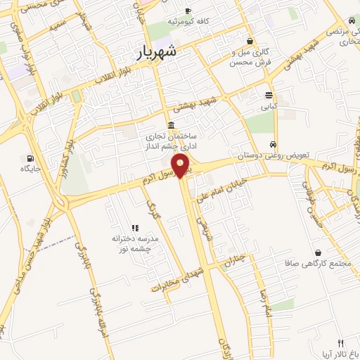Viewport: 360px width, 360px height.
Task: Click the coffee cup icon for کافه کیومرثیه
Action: (188, 11)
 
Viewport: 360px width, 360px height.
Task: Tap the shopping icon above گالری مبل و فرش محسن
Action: (251, 40)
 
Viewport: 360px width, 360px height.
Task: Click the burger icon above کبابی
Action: (269, 95)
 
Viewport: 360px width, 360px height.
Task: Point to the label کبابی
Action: (269, 108)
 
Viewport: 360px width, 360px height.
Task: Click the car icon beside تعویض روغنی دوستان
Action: (273, 143)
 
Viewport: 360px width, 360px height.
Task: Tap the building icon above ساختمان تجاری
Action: (172, 124)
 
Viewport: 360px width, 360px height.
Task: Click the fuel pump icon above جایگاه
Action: (30, 157)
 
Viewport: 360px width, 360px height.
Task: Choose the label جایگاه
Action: (30, 169)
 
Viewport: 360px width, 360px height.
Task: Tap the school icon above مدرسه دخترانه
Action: (135, 228)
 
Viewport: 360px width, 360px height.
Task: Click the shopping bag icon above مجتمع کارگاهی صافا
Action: (319, 252)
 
